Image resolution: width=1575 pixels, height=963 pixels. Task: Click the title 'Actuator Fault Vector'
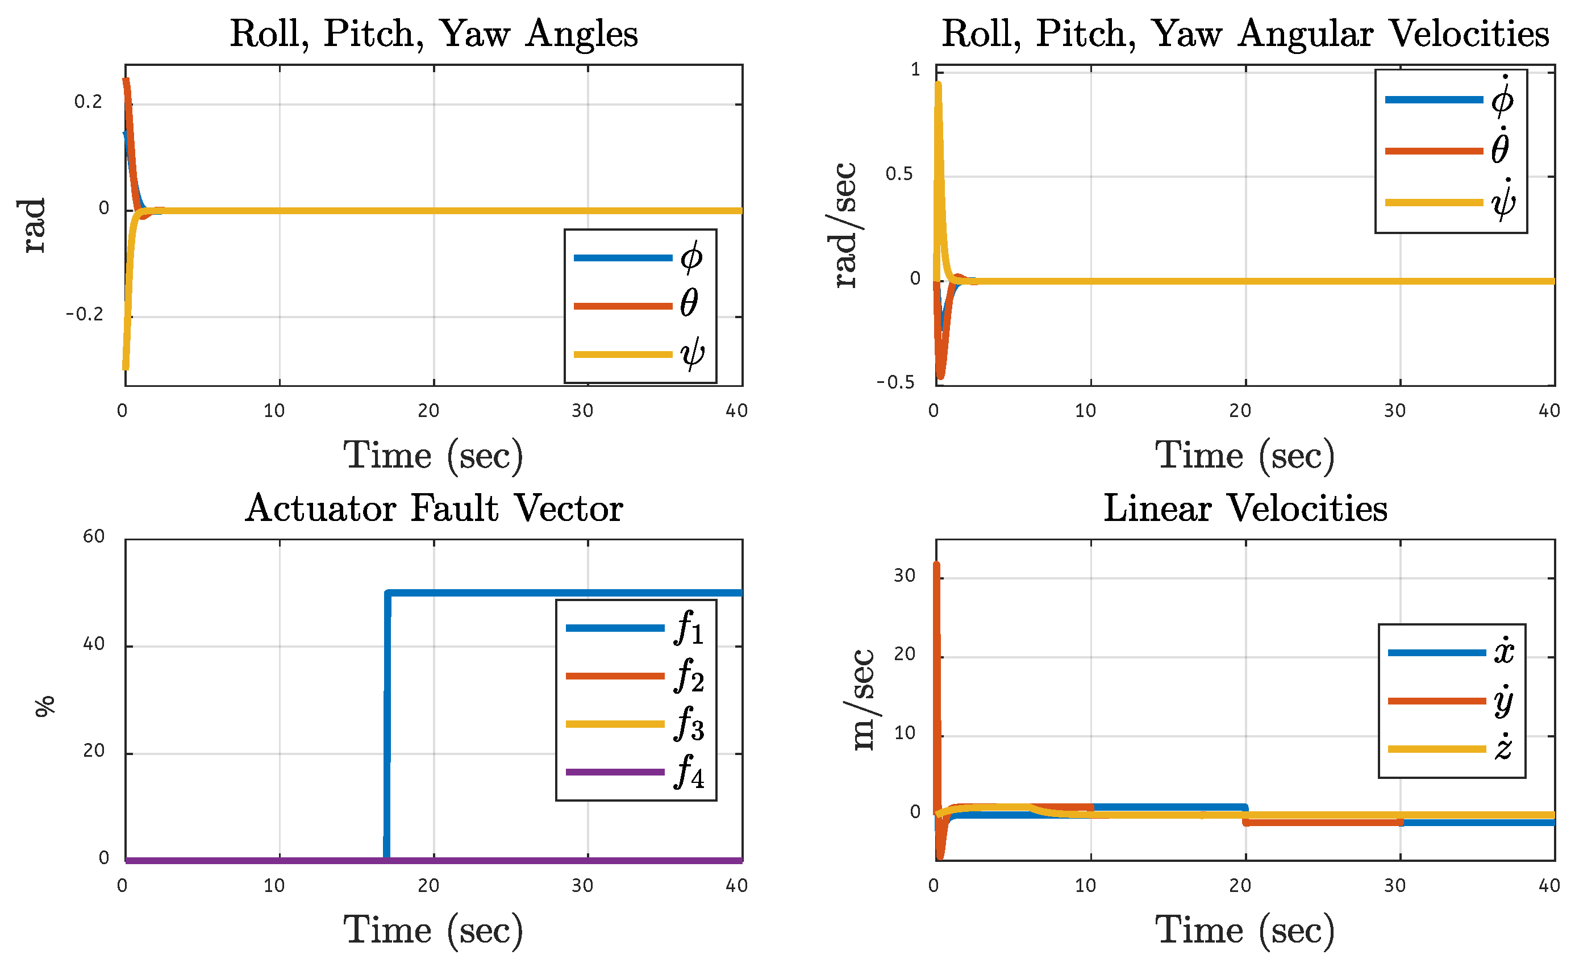click(x=434, y=508)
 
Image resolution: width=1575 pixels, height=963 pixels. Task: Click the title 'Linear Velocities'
click(x=1245, y=508)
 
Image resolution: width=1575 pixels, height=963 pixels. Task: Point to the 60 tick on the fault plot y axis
click(x=94, y=536)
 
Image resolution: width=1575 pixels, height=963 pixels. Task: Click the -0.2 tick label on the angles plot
click(x=84, y=314)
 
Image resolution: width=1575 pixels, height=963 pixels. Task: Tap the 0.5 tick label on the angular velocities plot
click(x=899, y=174)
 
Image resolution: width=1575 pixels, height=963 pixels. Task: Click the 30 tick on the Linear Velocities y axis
click(x=905, y=576)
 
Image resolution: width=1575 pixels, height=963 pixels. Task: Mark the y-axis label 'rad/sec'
click(x=845, y=225)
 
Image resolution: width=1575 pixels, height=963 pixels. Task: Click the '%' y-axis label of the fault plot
click(x=45, y=707)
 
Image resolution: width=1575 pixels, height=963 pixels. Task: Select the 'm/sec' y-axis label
click(x=864, y=700)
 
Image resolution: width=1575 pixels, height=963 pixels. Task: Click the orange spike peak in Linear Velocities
click(x=936, y=564)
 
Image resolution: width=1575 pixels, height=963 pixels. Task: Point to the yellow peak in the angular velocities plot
click(x=938, y=84)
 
